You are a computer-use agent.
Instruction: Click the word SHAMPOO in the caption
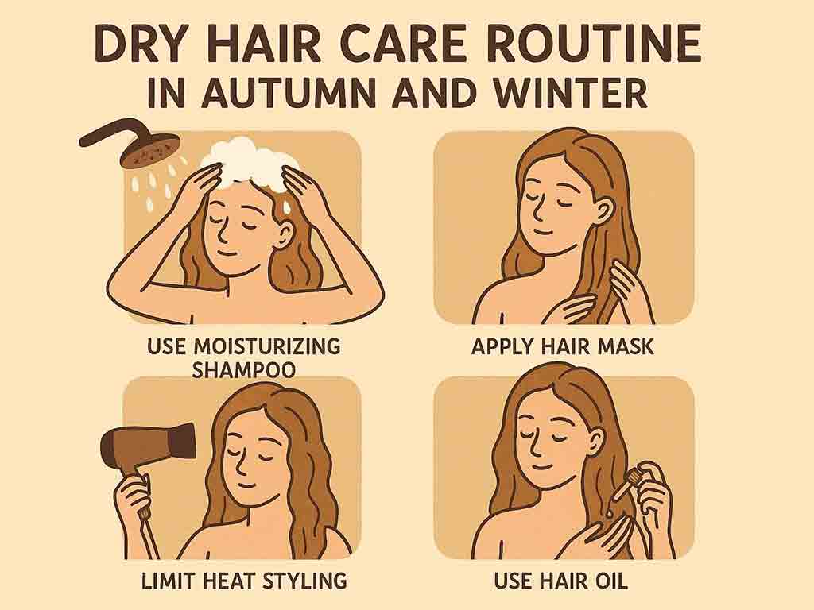[244, 369]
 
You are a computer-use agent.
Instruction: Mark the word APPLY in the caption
[501, 346]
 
